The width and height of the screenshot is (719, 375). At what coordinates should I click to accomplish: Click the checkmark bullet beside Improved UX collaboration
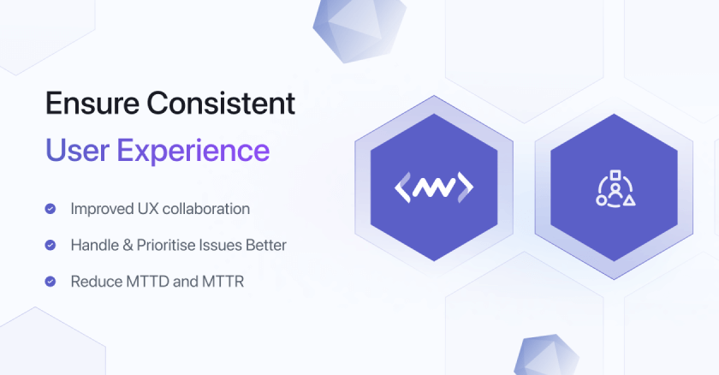pyautogui.click(x=51, y=208)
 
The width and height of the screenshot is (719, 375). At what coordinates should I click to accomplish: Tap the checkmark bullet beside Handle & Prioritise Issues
pyautogui.click(x=51, y=245)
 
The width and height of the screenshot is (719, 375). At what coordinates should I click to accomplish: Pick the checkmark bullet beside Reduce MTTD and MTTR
pyautogui.click(x=51, y=281)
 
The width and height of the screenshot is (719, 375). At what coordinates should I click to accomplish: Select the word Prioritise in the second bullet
pyautogui.click(x=163, y=245)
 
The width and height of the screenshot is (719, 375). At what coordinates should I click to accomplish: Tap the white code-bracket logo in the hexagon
pyautogui.click(x=433, y=187)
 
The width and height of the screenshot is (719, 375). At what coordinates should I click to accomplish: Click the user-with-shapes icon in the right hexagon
pyautogui.click(x=615, y=187)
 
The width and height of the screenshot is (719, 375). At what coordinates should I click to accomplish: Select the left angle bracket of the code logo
pyautogui.click(x=401, y=187)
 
